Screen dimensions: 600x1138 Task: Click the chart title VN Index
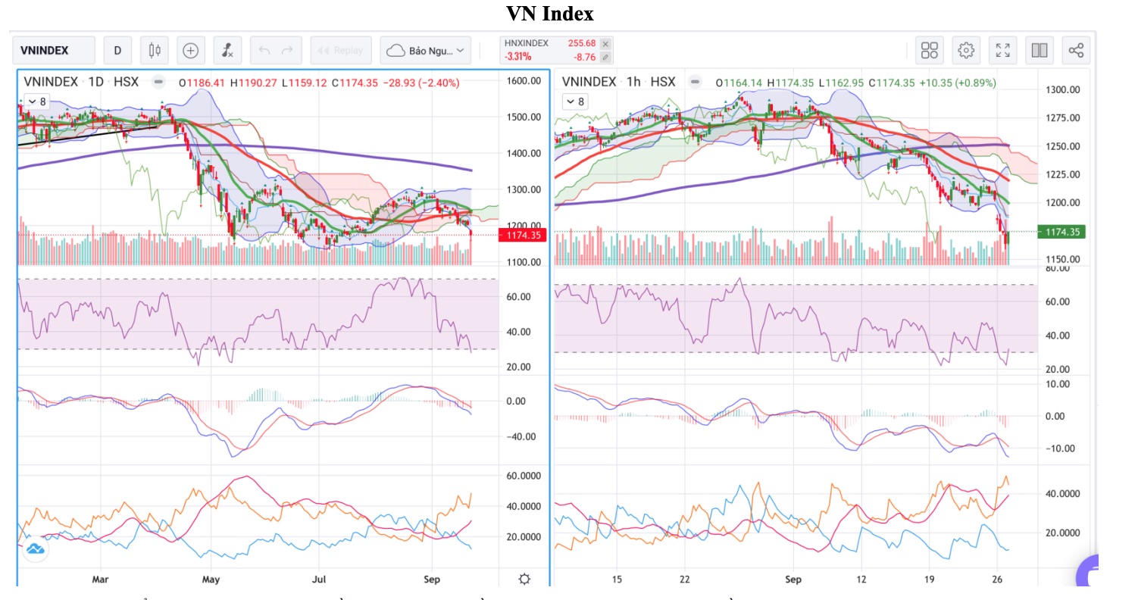tap(550, 14)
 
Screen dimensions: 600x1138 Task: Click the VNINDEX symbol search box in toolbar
tap(53, 51)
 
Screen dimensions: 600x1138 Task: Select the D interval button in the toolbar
tap(117, 51)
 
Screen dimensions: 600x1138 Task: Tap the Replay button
tap(341, 51)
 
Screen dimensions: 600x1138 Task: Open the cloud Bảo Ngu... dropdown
tap(427, 51)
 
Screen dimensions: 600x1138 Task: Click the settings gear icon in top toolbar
tap(966, 51)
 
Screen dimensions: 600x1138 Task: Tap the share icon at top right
tap(1076, 51)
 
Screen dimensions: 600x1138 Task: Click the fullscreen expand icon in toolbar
tap(1002, 51)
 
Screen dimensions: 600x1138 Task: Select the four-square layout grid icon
tap(930, 51)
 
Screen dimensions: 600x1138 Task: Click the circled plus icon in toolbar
tap(191, 51)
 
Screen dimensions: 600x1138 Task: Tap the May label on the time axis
tap(211, 580)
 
